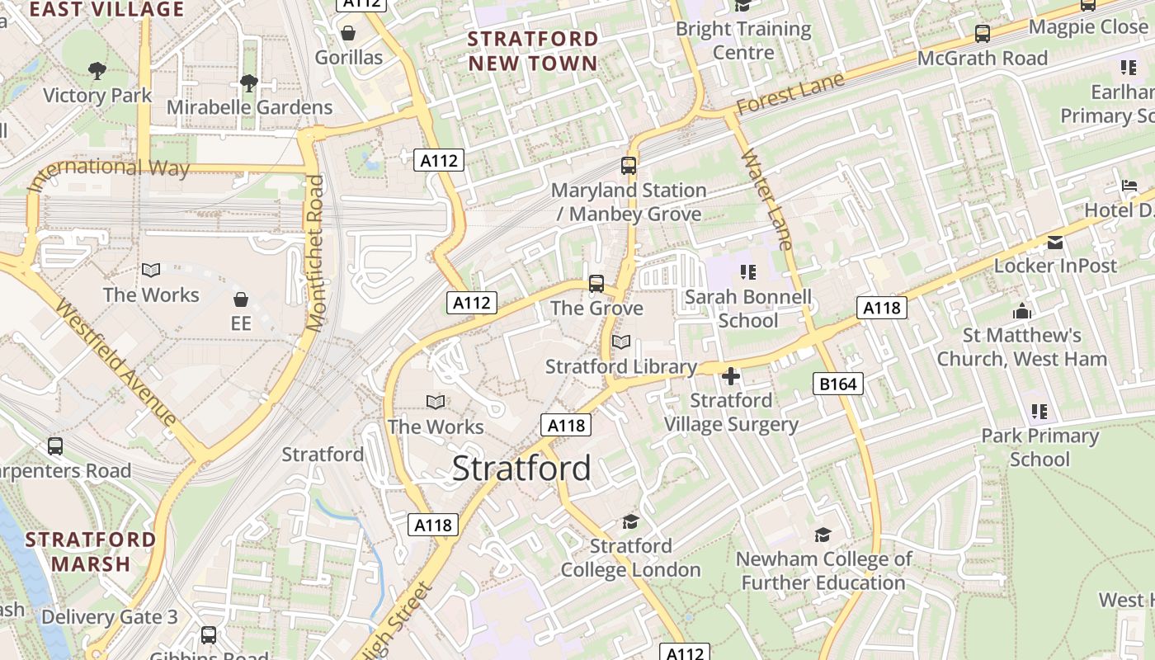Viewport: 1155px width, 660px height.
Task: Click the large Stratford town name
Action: tap(521, 469)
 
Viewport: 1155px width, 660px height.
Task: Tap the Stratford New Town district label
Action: tap(533, 51)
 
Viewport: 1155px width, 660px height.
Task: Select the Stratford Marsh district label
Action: tap(91, 552)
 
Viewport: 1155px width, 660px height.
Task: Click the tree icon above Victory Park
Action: tap(97, 71)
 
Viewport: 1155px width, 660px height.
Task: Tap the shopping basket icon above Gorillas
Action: tap(348, 33)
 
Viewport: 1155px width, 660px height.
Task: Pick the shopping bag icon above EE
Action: tap(241, 299)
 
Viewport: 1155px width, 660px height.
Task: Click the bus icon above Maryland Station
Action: tap(629, 165)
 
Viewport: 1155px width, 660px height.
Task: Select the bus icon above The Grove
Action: tap(596, 284)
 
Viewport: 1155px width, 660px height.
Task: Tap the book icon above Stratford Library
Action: tap(621, 342)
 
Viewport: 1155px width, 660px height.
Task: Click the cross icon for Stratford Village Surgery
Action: tap(731, 376)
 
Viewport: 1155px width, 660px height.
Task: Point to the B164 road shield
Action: tap(838, 383)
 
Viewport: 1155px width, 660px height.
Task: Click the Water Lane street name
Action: tap(767, 199)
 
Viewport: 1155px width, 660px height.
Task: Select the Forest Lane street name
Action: tap(790, 93)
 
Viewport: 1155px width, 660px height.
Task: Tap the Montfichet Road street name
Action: tap(315, 253)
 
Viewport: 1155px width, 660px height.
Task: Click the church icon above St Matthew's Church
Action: tap(1022, 311)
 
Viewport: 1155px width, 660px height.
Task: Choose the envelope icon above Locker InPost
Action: tap(1055, 242)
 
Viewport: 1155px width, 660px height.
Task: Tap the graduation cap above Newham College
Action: tap(823, 535)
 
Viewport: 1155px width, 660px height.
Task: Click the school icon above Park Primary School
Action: tap(1039, 411)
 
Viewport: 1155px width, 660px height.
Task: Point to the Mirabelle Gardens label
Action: tap(249, 107)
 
